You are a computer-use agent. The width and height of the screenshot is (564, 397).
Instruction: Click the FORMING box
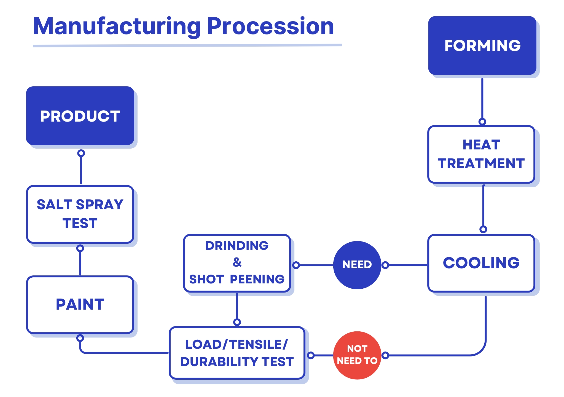482,45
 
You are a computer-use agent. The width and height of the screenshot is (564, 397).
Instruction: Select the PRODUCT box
80,116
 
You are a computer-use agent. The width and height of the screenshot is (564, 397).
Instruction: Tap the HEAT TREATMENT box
481,154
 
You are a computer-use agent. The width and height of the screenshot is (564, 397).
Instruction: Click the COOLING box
481,263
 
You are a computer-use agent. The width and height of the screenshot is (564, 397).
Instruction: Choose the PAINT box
80,305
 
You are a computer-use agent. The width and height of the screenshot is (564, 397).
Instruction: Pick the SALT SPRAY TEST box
80,214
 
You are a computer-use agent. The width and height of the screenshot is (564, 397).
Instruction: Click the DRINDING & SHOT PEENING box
237,263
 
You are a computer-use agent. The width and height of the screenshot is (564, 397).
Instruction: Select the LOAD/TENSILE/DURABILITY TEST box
237,353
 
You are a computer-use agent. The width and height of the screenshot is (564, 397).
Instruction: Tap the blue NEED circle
357,265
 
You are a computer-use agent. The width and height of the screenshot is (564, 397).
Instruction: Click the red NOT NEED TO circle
357,355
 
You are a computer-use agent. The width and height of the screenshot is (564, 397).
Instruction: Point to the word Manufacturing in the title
117,26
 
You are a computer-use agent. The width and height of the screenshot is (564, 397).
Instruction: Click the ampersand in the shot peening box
237,262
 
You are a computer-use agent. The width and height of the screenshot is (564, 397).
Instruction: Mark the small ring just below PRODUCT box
81,153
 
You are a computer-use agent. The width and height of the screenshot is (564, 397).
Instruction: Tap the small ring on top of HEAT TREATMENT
482,122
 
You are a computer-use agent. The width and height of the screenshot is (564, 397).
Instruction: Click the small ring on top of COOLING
483,229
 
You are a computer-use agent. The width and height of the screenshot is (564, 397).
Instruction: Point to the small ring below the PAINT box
80,338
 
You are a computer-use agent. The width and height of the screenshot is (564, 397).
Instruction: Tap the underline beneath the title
187,45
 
